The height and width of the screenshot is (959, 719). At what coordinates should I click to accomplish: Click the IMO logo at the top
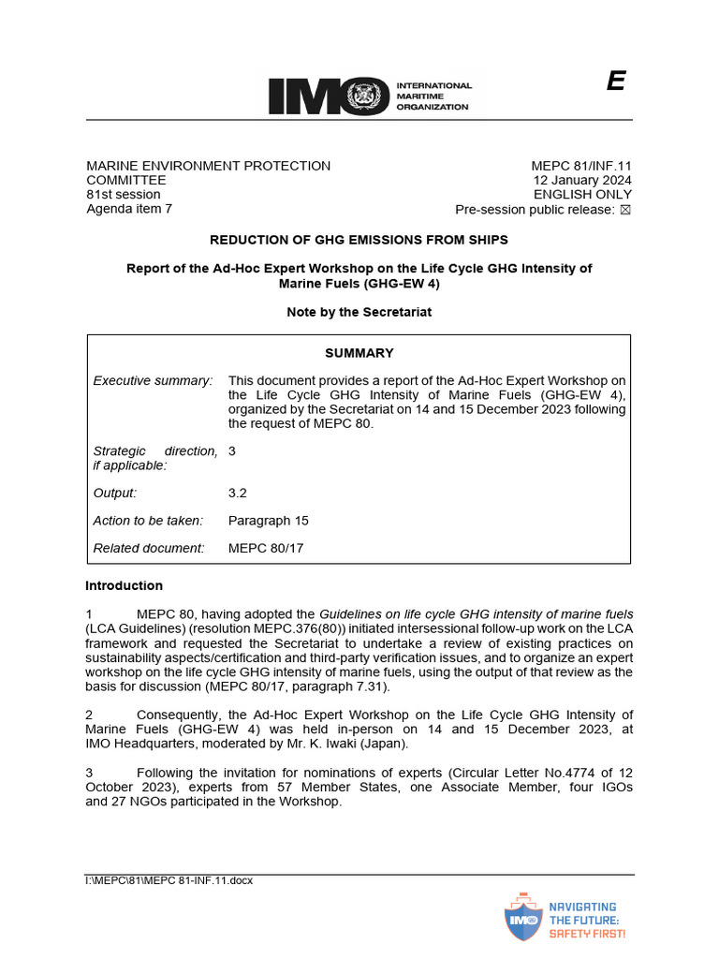[370, 96]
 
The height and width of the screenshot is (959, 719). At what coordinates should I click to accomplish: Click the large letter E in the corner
[615, 82]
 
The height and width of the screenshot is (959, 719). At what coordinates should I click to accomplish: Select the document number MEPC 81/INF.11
[581, 166]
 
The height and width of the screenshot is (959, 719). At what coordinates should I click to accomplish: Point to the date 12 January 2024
[582, 181]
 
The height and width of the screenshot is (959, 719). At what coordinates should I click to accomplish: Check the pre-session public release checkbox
[626, 210]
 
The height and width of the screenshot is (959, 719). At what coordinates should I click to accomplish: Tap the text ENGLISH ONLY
[582, 195]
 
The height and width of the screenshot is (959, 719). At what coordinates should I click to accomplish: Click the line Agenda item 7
[129, 209]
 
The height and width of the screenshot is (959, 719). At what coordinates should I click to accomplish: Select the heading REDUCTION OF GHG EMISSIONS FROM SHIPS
[359, 240]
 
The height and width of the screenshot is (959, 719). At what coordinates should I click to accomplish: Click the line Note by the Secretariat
[359, 312]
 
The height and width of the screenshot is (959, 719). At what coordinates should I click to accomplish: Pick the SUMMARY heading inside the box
[359, 353]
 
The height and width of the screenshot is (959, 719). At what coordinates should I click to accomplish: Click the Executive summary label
[153, 380]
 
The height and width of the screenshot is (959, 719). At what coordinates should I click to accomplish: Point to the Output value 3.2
[238, 493]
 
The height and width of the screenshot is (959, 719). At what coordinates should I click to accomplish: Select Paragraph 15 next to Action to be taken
[268, 521]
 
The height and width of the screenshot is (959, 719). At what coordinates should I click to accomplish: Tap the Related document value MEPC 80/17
[266, 548]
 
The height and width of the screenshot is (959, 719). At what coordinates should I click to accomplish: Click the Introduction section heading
[124, 586]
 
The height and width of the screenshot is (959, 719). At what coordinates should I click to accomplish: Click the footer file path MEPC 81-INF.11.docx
[169, 880]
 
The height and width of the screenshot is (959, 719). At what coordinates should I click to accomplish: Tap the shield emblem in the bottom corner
[521, 919]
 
